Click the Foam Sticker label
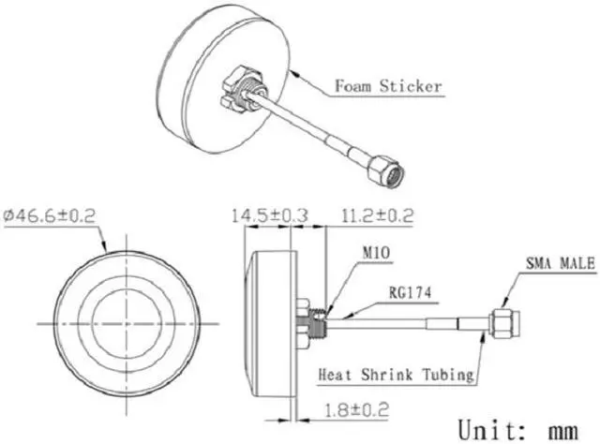coord(388,85)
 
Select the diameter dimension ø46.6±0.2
coord(49,215)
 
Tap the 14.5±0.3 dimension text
coord(269,215)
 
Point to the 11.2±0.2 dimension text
coord(377,215)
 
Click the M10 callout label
coord(376,252)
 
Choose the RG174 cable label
coord(410,293)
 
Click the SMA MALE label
coord(561,263)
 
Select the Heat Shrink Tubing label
coord(396,375)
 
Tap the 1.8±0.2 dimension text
coord(356,410)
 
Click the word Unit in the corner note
coord(492,430)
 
